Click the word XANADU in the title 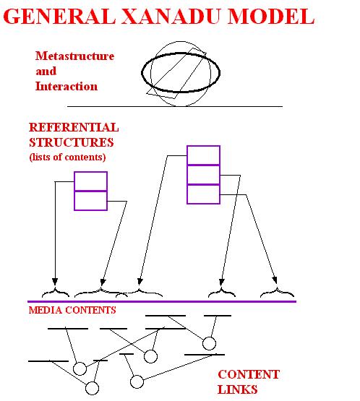coord(171,17)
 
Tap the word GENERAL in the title coord(59,17)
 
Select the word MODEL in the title coord(271,17)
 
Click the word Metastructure coord(74,56)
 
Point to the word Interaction coord(67,86)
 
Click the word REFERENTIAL coord(74,127)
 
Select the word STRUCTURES coord(72,142)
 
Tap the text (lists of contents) coord(67,157)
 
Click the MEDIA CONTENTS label coord(72,310)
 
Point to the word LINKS coord(237,389)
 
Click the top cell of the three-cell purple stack coord(203,155)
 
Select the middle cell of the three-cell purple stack coord(203,175)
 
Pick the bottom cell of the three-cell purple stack coord(203,194)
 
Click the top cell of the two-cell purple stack coord(90,181)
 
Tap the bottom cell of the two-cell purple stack coord(90,201)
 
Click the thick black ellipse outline coord(142,73)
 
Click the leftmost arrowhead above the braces coord(55,282)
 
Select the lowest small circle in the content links coord(92,388)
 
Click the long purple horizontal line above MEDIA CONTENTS coord(162,301)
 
